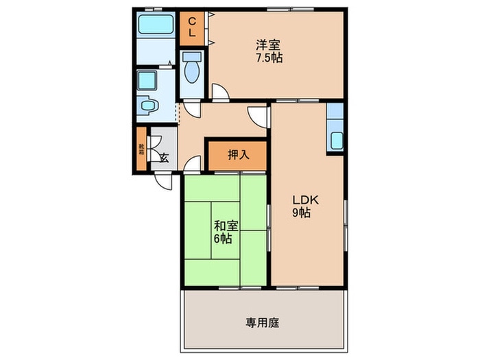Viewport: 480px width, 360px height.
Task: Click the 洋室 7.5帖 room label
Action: pyautogui.click(x=268, y=51)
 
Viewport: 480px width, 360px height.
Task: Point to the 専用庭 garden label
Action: pyautogui.click(x=262, y=322)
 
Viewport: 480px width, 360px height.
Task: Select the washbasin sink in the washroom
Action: pyautogui.click(x=148, y=107)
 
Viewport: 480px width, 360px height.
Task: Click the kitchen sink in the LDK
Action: pyautogui.click(x=335, y=141)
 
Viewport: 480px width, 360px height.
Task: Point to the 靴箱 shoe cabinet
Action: pyautogui.click(x=141, y=149)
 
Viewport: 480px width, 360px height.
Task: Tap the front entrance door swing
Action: pyautogui.click(x=164, y=180)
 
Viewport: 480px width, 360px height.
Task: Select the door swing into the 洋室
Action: pyautogui.click(x=220, y=92)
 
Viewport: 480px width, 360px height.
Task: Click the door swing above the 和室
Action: pyautogui.click(x=193, y=165)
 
